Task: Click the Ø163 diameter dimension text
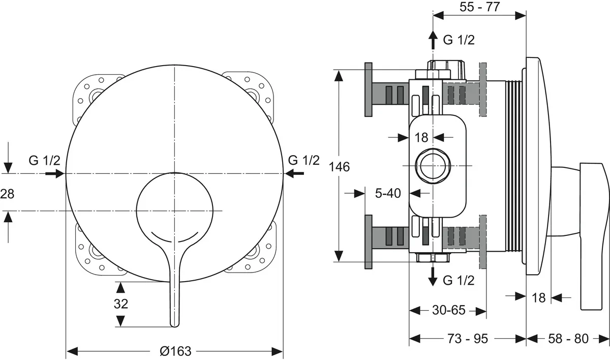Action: pyautogui.click(x=175, y=351)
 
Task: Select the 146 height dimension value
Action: pyautogui.click(x=340, y=166)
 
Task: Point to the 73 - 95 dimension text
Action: pyautogui.click(x=467, y=338)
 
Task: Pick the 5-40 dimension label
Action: pyautogui.click(x=387, y=193)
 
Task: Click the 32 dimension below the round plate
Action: pyautogui.click(x=120, y=304)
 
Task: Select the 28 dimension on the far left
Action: pyautogui.click(x=8, y=193)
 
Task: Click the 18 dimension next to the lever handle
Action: pyautogui.click(x=538, y=297)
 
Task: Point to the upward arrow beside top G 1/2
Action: pyautogui.click(x=433, y=40)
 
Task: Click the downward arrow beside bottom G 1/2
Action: pyautogui.click(x=433, y=276)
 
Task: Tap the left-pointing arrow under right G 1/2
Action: pyautogui.click(x=295, y=174)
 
